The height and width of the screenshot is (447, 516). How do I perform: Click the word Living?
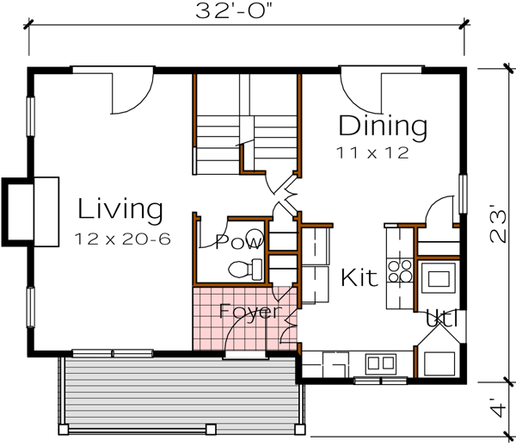tap(120, 209)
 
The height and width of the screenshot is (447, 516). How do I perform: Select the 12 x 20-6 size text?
tap(120, 237)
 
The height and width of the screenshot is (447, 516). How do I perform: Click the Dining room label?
tap(383, 127)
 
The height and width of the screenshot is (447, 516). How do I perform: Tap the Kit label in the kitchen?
tap(359, 278)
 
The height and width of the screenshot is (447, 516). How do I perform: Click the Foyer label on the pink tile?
tap(249, 311)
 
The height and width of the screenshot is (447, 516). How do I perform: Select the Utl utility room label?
tap(442, 320)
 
